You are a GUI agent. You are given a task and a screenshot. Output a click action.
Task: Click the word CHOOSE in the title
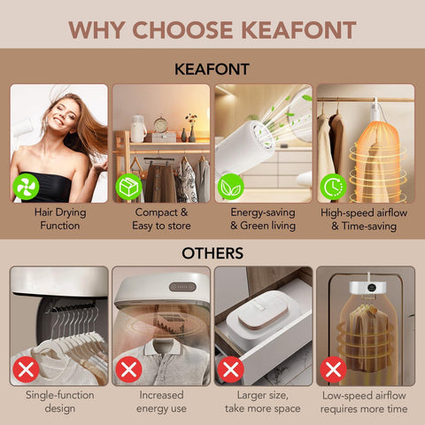pos(183,30)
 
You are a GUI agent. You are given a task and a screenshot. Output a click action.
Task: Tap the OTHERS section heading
pos(212,253)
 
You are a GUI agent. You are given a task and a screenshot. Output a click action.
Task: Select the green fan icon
pos(26,187)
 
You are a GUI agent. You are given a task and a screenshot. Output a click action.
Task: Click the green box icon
pos(128,187)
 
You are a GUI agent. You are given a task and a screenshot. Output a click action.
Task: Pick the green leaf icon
pos(231,187)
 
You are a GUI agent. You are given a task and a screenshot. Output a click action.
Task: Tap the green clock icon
pos(334,187)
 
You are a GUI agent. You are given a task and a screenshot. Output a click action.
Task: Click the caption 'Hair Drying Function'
pos(60,219)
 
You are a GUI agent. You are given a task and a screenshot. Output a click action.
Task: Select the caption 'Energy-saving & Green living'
pos(263,219)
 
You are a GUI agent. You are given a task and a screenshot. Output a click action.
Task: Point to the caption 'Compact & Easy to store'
pos(161,219)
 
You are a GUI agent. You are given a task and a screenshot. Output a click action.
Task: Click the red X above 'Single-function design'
pos(26,369)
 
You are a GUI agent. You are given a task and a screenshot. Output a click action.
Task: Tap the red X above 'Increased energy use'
pos(128,369)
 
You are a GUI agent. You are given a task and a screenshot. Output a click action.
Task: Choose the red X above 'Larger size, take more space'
pos(231,369)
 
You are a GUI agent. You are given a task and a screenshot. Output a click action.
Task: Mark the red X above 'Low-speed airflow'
pos(334,369)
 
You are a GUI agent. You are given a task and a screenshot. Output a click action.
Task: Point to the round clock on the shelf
pos(160,125)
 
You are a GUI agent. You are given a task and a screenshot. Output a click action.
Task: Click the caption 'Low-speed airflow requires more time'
pos(364,402)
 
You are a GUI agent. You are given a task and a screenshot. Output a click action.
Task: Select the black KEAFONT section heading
pos(212,69)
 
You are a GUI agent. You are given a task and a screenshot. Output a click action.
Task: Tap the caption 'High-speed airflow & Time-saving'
pos(364,220)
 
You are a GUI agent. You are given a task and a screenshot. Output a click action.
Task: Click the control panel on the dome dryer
pos(182,287)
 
